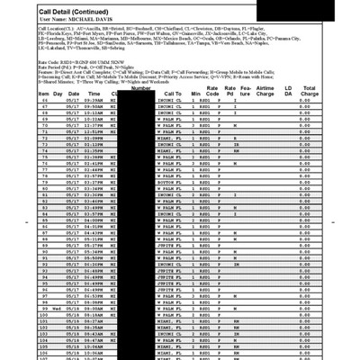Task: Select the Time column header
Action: click(x=94, y=119)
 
